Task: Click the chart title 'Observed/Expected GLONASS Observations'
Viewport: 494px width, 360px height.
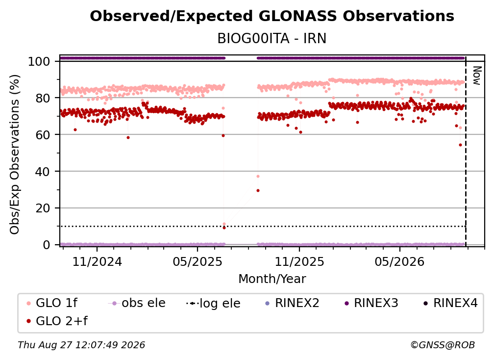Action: [x=272, y=16]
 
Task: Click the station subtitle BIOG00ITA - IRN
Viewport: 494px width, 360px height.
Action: [x=272, y=38]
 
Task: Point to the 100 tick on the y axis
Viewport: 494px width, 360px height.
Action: [x=39, y=61]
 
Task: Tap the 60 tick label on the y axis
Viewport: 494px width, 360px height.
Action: [x=43, y=134]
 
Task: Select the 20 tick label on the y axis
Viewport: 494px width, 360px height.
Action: [x=43, y=208]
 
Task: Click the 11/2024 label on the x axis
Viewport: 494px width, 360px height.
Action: [x=97, y=261]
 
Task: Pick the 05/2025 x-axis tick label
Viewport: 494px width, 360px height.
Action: [x=198, y=261]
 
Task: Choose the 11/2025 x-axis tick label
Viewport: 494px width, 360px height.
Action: [x=299, y=261]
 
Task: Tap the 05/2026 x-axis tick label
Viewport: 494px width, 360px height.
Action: [x=400, y=261]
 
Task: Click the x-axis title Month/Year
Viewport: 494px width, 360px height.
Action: [x=272, y=279]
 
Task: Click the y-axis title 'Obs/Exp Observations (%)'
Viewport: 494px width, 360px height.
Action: [x=15, y=154]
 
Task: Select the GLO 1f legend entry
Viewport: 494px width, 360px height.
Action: [x=52, y=303]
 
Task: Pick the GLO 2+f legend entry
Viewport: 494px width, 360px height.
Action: [x=57, y=321]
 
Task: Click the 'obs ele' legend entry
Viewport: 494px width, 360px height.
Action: [x=136, y=303]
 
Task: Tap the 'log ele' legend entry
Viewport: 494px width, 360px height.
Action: [x=213, y=303]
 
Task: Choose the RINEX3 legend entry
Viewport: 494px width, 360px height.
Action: [x=371, y=303]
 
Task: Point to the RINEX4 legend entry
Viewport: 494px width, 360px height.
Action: [x=450, y=303]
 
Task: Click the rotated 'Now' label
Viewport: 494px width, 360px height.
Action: [x=477, y=76]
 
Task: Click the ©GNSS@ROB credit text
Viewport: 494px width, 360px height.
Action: [x=443, y=345]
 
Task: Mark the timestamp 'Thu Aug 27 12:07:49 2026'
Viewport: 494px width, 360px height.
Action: [x=81, y=345]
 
